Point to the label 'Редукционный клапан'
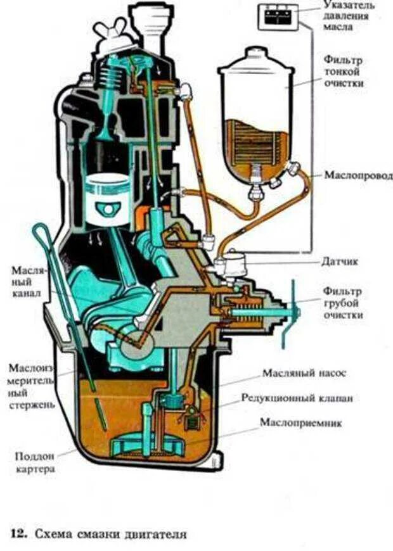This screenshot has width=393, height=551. coord(297,398)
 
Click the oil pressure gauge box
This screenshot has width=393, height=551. coord(277,16)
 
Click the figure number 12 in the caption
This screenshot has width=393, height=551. coord(18,535)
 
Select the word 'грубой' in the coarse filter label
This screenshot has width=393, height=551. coord(342,303)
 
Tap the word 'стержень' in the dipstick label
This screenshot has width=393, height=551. coord(30,403)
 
